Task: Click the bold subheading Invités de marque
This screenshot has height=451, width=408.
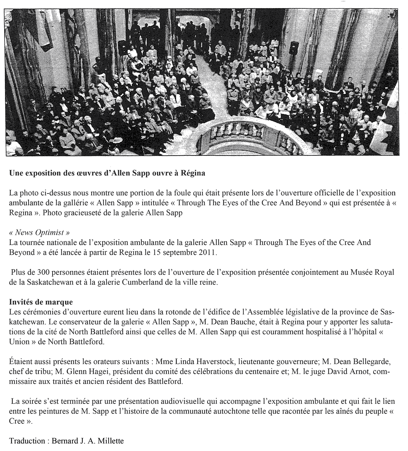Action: (x=41, y=302)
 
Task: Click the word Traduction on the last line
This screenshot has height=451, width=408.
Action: (x=27, y=441)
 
